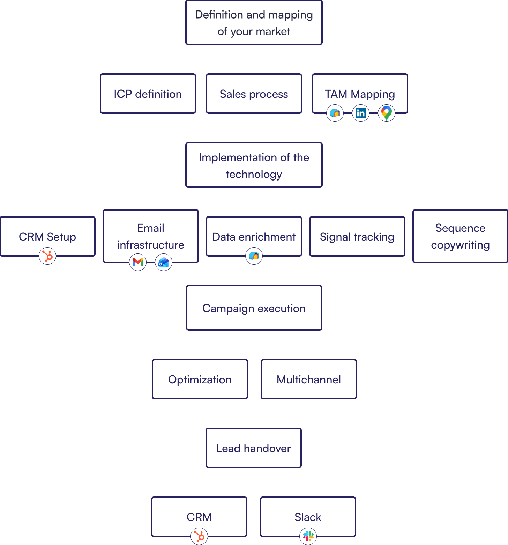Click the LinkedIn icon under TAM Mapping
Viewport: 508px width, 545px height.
click(x=360, y=113)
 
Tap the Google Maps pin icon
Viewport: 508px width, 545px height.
click(x=386, y=113)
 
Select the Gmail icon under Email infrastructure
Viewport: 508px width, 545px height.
click(x=138, y=262)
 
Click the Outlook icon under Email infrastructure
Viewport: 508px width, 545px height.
click(x=164, y=262)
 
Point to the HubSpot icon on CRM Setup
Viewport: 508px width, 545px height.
click(x=47, y=256)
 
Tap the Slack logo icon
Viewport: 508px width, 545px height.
click(x=308, y=536)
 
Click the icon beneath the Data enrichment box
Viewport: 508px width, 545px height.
click(x=254, y=256)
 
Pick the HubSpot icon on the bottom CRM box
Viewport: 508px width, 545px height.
click(x=199, y=536)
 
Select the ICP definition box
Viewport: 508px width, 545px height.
click(x=148, y=94)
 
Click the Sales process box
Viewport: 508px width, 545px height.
click(x=254, y=94)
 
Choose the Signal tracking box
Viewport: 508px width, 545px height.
click(x=357, y=237)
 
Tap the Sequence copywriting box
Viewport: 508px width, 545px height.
click(x=460, y=236)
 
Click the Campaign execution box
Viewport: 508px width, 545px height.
click(x=254, y=308)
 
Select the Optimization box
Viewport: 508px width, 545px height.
click(x=200, y=379)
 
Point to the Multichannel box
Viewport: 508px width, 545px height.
click(x=309, y=379)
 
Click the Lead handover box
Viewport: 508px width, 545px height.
click(x=254, y=448)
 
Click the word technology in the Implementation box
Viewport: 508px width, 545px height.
click(x=254, y=174)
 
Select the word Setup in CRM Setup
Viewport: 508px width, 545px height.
click(x=61, y=237)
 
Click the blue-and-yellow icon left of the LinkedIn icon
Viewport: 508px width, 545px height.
click(x=335, y=113)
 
